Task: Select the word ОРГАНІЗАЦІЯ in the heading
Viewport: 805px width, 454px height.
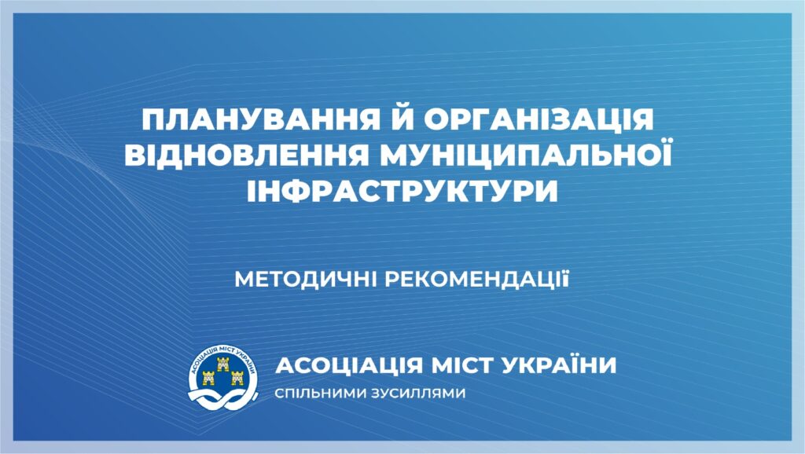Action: (x=538, y=119)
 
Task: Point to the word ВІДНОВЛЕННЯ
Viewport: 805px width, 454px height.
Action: (x=246, y=156)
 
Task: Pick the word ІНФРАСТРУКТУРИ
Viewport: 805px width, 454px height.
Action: (x=402, y=192)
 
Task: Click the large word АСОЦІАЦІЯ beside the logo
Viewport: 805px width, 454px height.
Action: (x=349, y=366)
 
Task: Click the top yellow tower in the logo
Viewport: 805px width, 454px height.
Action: (x=222, y=364)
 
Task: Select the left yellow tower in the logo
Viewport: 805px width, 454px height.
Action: (x=208, y=378)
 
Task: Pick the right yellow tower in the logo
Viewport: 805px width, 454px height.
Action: (x=237, y=378)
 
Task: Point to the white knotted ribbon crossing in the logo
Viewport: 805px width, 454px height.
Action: (x=222, y=397)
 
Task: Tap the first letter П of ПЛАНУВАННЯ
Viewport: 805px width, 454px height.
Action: (x=153, y=119)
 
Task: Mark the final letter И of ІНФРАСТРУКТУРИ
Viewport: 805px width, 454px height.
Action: (x=546, y=192)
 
